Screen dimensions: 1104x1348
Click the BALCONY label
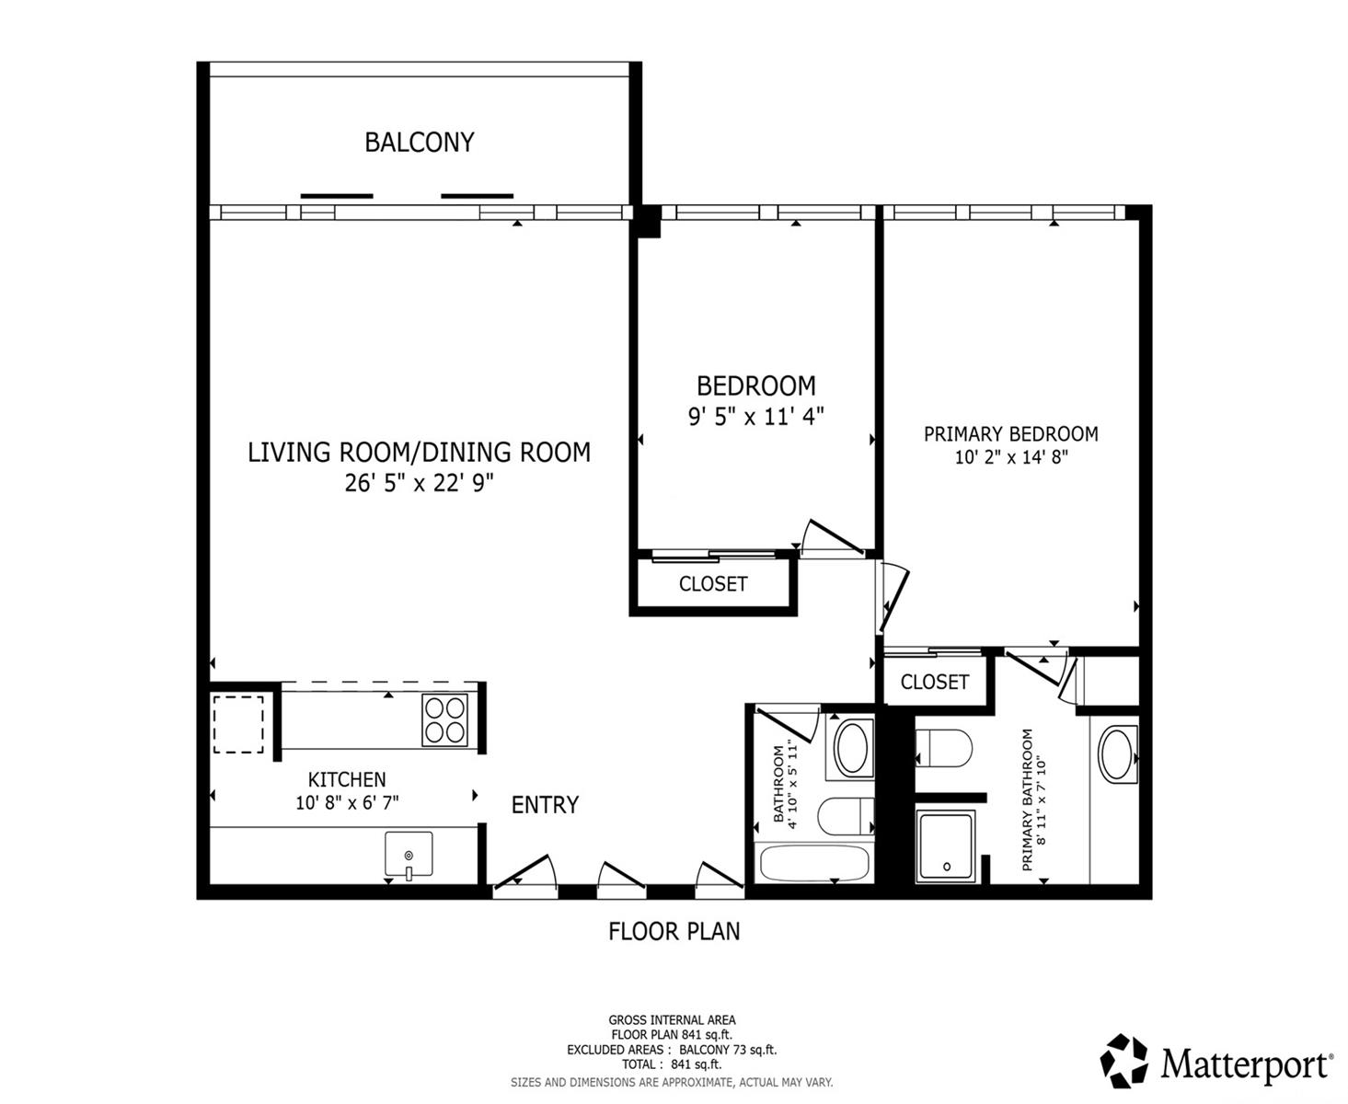point(419,143)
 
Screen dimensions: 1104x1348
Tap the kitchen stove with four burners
point(444,719)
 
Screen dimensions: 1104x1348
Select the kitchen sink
point(409,855)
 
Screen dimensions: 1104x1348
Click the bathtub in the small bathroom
point(813,864)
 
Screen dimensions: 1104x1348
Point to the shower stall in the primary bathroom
point(945,845)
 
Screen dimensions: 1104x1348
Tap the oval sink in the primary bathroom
point(1117,754)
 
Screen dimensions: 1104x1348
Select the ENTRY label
point(545,805)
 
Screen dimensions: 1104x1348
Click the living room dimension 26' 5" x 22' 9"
point(419,483)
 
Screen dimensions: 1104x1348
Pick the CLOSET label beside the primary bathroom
point(934,682)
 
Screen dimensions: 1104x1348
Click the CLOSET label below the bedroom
point(712,584)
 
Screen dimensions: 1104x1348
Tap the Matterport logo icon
point(1124,1061)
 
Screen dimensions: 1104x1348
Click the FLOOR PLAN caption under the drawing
point(674,931)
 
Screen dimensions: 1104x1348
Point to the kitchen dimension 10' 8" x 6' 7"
point(347,802)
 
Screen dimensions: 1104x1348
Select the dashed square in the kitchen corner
point(238,724)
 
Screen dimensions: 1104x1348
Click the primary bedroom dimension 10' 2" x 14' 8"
point(1010,456)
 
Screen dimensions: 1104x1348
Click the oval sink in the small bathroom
point(853,747)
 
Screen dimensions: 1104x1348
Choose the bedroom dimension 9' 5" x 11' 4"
point(755,416)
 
